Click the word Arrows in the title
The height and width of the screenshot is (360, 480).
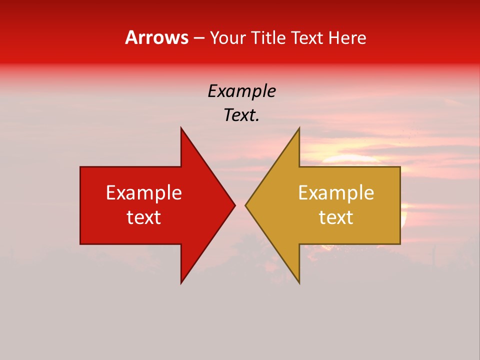click(x=156, y=37)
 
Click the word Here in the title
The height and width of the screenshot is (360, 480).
click(x=347, y=37)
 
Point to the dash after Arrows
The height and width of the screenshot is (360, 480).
click(x=198, y=38)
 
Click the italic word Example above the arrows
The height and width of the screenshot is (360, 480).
click(x=241, y=91)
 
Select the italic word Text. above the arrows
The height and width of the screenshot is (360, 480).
click(x=241, y=115)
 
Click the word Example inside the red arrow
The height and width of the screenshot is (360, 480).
click(x=144, y=192)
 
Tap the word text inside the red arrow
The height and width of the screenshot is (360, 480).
click(x=144, y=217)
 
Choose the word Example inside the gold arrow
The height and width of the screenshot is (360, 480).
click(x=336, y=192)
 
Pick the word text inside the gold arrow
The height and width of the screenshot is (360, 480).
click(x=336, y=217)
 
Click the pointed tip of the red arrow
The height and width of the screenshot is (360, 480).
click(x=234, y=205)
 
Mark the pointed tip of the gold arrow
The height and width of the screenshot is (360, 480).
click(x=246, y=205)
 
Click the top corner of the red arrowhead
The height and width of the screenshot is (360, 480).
click(x=181, y=128)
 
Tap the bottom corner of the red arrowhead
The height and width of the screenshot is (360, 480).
click(x=181, y=282)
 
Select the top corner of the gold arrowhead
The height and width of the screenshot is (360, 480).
click(x=299, y=128)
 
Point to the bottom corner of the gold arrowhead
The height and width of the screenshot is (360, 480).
click(x=299, y=282)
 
